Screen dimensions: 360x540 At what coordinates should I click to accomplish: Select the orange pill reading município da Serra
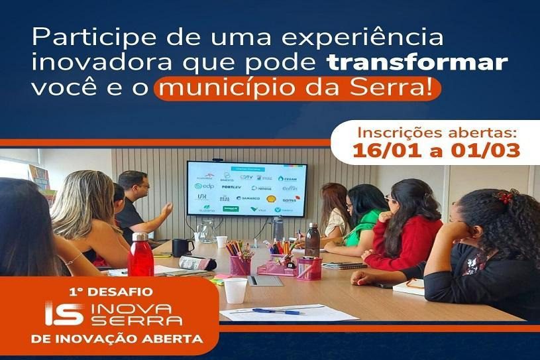click(297, 90)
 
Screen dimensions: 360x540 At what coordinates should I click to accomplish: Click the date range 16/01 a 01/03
click(436, 149)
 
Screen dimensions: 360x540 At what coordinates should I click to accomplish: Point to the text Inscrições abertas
click(436, 129)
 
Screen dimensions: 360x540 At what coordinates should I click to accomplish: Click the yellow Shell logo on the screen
click(270, 198)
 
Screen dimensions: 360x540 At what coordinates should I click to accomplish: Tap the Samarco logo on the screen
click(248, 198)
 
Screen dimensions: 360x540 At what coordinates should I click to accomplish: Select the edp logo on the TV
click(203, 187)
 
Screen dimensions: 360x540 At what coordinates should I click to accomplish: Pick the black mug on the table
click(182, 247)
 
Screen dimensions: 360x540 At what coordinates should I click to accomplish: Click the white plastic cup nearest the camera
click(235, 290)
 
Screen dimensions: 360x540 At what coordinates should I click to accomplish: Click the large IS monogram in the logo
click(64, 314)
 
